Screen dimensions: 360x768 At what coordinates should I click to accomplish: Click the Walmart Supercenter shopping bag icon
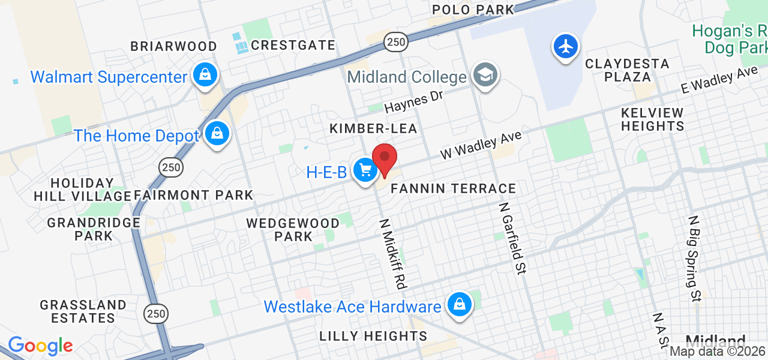(205, 75)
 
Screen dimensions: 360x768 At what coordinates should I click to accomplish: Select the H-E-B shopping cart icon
(365, 170)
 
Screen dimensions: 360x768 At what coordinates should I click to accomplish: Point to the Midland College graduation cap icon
(484, 75)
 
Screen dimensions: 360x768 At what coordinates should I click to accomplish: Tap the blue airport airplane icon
(566, 46)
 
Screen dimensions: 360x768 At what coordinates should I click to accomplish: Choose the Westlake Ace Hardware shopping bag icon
(459, 304)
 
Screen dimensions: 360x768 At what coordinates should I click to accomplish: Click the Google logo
(40, 346)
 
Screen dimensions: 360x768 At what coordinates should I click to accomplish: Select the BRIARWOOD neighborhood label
(174, 46)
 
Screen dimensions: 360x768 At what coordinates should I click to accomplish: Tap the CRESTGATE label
(293, 45)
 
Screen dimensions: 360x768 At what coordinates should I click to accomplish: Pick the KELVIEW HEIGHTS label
(652, 119)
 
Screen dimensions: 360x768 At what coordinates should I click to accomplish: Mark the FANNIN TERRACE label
(453, 188)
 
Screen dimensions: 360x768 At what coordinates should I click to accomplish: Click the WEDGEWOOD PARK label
(293, 229)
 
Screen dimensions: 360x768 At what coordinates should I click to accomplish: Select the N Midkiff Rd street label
(392, 252)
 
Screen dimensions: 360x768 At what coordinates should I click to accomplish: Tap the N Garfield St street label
(512, 238)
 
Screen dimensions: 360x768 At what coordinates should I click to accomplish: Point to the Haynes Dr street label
(413, 102)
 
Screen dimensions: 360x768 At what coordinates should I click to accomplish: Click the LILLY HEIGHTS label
(373, 336)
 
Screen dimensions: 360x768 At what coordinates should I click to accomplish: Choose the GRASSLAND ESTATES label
(83, 311)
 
